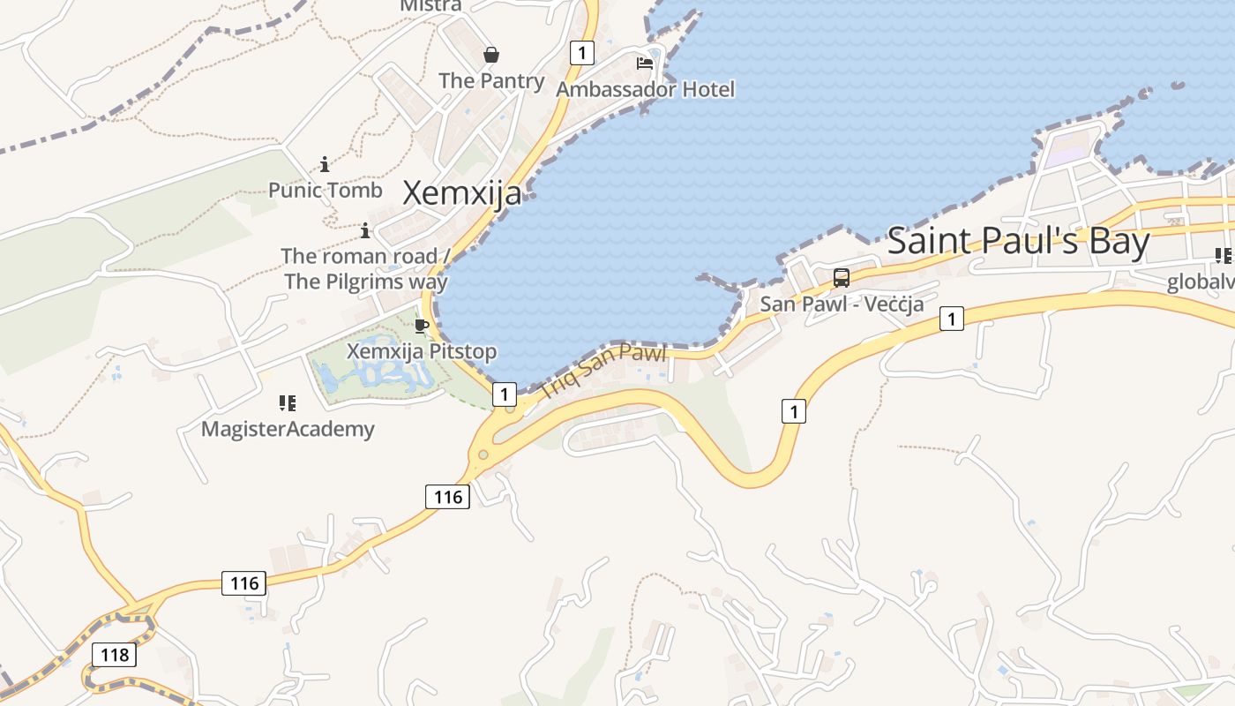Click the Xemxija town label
pos(462,192)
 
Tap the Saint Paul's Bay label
pos(1018,241)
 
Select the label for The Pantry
pos(491,80)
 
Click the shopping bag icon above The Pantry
pos(491,55)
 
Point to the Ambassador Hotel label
pos(645,89)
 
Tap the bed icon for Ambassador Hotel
pos(645,64)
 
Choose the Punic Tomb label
pos(326,190)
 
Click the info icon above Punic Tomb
pos(325,164)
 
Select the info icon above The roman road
pos(365,231)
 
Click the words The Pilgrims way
pos(366,282)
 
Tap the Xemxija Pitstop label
pos(422,351)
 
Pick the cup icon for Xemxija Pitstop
pos(422,326)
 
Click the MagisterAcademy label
pos(288,429)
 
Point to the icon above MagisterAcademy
pos(287,403)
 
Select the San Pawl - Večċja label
pos(842,304)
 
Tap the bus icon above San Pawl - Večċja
pos(842,278)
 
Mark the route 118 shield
pos(115,655)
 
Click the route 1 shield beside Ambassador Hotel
pos(581,53)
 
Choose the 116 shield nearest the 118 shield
pos(244,582)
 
